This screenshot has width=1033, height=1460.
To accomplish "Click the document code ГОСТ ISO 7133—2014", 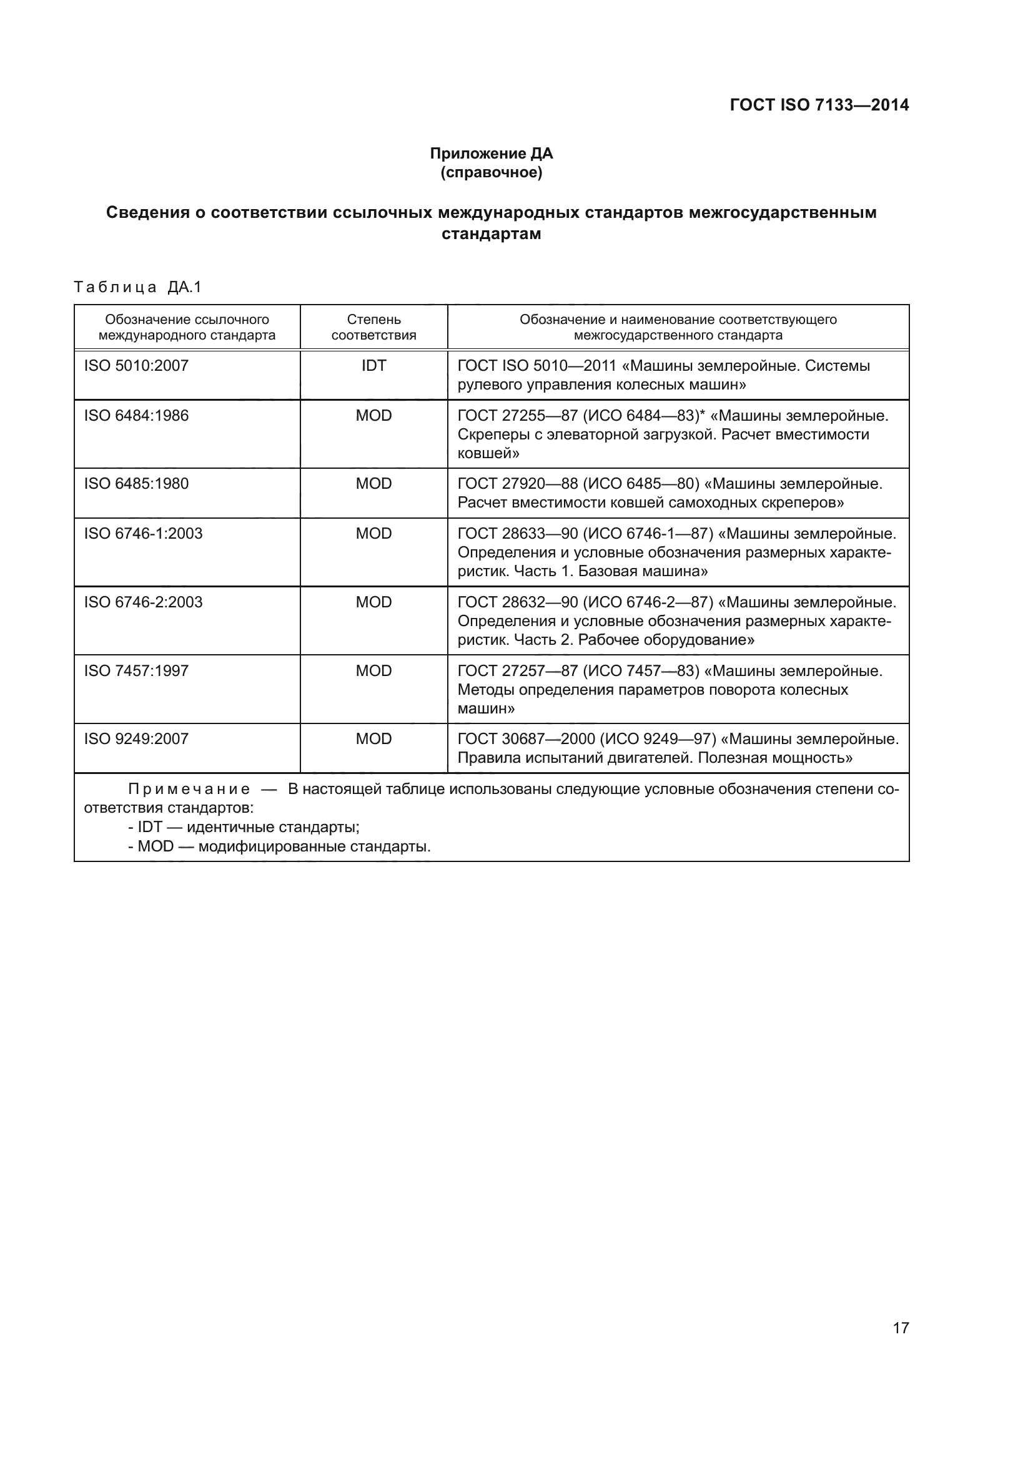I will point(819,105).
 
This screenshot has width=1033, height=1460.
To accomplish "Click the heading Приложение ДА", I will point(491,154).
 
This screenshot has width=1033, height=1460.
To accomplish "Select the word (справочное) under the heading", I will point(491,172).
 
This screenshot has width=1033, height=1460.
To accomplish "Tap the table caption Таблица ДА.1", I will point(137,287).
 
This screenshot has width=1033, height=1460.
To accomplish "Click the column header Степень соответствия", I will point(373,328).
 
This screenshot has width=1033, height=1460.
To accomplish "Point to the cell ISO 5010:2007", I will point(136,366).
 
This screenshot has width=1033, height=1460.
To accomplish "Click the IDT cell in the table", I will point(373,366).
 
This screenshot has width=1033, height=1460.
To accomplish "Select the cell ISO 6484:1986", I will point(136,416).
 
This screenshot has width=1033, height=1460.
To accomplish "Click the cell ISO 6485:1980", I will point(136,484).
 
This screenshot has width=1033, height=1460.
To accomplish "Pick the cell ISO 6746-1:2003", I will point(143,534).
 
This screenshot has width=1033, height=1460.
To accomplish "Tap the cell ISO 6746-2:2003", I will point(143,602).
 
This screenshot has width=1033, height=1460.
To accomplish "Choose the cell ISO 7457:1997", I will point(136,671).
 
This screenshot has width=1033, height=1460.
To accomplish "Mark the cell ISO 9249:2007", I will point(136,739).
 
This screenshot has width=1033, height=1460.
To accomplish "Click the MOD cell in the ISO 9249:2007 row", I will point(373,739).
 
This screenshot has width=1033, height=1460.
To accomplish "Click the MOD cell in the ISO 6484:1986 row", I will point(373,416).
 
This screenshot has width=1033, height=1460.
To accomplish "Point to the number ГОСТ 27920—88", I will point(517,484).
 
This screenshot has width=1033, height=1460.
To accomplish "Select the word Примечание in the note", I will point(189,790).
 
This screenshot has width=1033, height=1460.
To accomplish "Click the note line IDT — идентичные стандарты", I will point(244,827).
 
